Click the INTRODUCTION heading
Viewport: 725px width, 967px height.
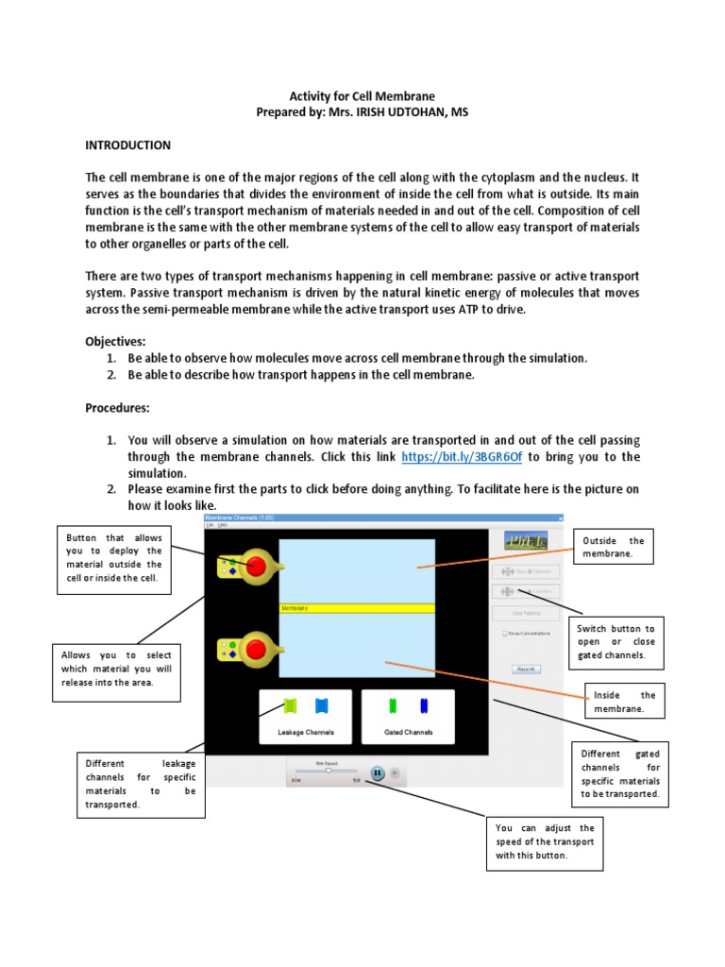(x=128, y=145)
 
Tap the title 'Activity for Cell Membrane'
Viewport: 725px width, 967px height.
(x=362, y=96)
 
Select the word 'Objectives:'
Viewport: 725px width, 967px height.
(x=115, y=341)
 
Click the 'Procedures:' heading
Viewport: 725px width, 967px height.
(x=118, y=408)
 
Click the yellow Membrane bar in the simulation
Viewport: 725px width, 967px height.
(x=357, y=609)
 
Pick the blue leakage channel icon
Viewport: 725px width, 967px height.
(x=321, y=705)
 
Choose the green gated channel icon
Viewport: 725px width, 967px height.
(x=394, y=705)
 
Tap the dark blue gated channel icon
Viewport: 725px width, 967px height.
(x=424, y=705)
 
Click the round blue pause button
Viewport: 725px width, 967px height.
(x=377, y=772)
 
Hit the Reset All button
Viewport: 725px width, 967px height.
(x=526, y=669)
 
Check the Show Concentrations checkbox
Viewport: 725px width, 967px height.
(x=505, y=634)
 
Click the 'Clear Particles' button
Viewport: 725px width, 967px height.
(x=526, y=613)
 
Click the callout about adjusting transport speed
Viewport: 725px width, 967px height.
(x=545, y=841)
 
